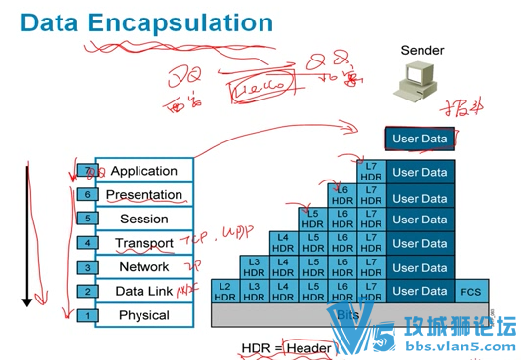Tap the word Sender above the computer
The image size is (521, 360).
[x=421, y=50]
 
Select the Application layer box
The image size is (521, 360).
[x=143, y=171]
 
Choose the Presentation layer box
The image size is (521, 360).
[x=143, y=195]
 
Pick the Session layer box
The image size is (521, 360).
[x=143, y=219]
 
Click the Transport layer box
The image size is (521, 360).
[x=143, y=243]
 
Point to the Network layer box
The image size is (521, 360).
[x=143, y=266]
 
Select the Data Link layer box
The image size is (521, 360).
[x=143, y=291]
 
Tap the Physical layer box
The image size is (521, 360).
[x=143, y=315]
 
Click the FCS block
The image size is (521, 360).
[x=470, y=291]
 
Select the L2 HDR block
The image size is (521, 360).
[x=225, y=291]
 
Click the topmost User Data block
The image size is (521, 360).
[x=420, y=139]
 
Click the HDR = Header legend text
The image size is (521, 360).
[x=286, y=347]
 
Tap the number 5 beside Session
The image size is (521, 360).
[x=87, y=219]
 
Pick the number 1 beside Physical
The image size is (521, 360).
[x=87, y=315]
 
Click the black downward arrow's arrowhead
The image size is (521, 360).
[x=27, y=301]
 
